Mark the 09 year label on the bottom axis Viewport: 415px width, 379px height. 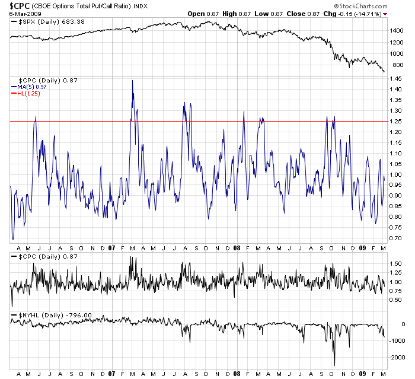(x=361, y=374)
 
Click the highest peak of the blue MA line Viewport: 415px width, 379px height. (x=132, y=81)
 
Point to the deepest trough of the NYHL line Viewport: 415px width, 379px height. (x=334, y=365)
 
